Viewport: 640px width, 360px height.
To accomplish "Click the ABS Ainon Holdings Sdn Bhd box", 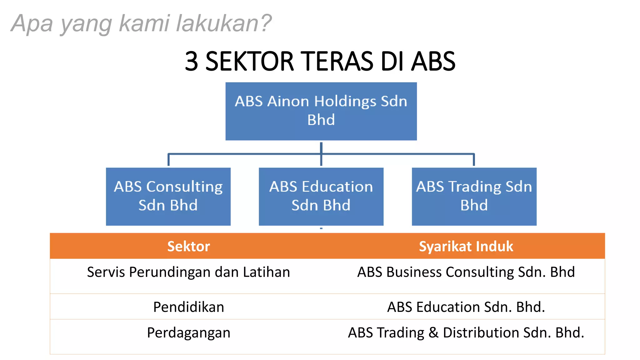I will point(321,111).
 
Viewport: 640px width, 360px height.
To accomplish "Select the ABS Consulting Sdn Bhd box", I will point(168,196).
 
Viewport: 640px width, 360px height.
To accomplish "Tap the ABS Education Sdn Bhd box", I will point(321,196).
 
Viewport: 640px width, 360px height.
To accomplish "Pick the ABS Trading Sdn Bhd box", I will point(474,196).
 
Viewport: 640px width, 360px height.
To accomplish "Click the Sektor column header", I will point(188,246).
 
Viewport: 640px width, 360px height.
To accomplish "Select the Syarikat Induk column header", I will point(466,246).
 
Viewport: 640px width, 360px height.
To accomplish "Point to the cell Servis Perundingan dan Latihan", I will point(188,272).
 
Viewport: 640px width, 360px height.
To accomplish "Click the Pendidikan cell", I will point(188,307).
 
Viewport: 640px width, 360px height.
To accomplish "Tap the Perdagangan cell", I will point(188,332).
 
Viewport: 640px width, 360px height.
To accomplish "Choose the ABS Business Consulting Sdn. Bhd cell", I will point(466,272).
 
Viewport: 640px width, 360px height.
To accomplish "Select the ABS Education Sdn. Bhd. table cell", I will point(466,307).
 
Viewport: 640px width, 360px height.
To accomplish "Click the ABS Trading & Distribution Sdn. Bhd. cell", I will point(466,332).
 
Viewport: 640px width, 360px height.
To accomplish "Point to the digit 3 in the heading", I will point(191,61).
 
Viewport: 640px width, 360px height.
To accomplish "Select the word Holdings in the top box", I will point(345,102).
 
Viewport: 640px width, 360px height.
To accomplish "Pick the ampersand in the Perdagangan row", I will point(433,332).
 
